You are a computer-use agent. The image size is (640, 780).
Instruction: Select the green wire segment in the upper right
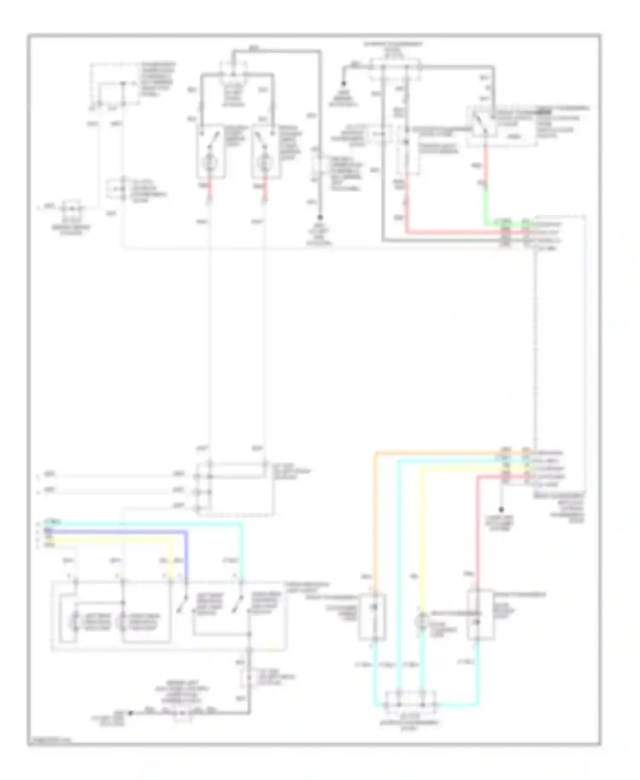[486, 205]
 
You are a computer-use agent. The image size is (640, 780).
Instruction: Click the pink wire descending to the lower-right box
[477, 533]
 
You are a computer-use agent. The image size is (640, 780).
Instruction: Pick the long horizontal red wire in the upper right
[452, 233]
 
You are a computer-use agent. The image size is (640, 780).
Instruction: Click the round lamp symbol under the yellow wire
[422, 620]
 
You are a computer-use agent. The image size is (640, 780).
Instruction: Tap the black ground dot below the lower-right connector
[502, 509]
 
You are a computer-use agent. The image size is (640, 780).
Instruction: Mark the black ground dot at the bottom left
[131, 713]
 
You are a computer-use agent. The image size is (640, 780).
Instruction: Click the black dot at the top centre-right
[343, 84]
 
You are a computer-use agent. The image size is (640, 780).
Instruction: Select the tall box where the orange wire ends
[373, 617]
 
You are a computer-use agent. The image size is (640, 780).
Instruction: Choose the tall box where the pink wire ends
[480, 614]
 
